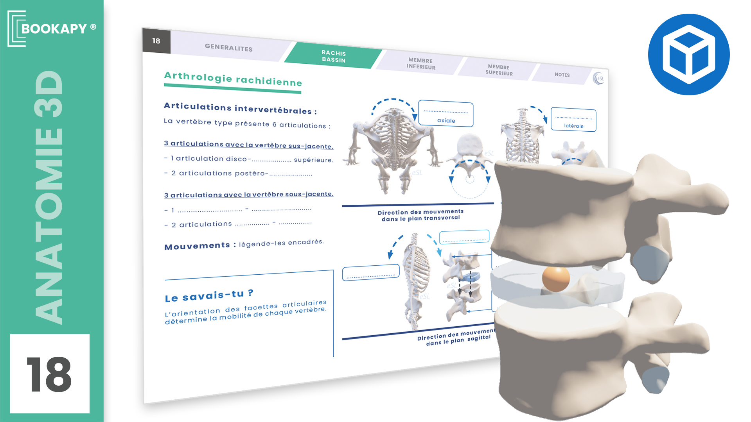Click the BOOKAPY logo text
(54, 29)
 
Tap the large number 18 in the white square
(49, 374)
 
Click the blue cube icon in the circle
(689, 54)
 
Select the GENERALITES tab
(229, 48)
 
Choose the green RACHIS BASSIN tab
(334, 56)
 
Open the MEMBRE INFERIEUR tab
(421, 64)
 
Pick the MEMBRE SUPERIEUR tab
(499, 70)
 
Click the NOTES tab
(562, 75)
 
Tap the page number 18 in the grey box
(156, 41)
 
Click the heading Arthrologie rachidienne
(233, 79)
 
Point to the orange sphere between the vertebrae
(556, 279)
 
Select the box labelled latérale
(573, 120)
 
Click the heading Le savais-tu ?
(209, 296)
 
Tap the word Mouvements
(197, 246)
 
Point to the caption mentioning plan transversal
(420, 215)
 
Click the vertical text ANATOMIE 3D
(49, 197)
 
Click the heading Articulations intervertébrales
(240, 108)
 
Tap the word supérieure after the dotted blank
(314, 160)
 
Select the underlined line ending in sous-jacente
(249, 195)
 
